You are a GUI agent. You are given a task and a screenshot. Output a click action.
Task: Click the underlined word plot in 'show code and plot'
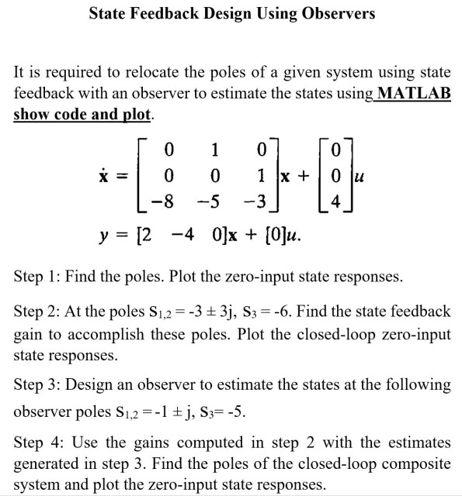[139, 113]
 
